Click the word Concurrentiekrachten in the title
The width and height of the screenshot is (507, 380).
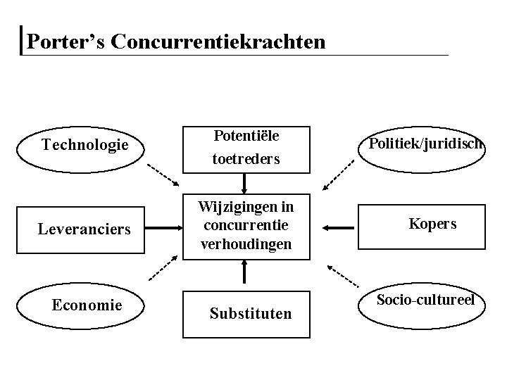tap(218, 42)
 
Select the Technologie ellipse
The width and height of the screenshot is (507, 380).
tap(85, 146)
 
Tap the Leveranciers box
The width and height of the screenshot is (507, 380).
tap(84, 229)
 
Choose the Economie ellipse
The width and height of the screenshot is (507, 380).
tap(87, 305)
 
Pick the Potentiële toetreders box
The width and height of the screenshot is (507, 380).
tap(246, 148)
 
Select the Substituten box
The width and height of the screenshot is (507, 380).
tap(249, 312)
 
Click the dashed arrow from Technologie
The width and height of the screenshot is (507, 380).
tap(163, 174)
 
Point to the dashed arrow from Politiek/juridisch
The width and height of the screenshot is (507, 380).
tap(339, 175)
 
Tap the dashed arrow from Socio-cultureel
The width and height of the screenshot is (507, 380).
tap(344, 276)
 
